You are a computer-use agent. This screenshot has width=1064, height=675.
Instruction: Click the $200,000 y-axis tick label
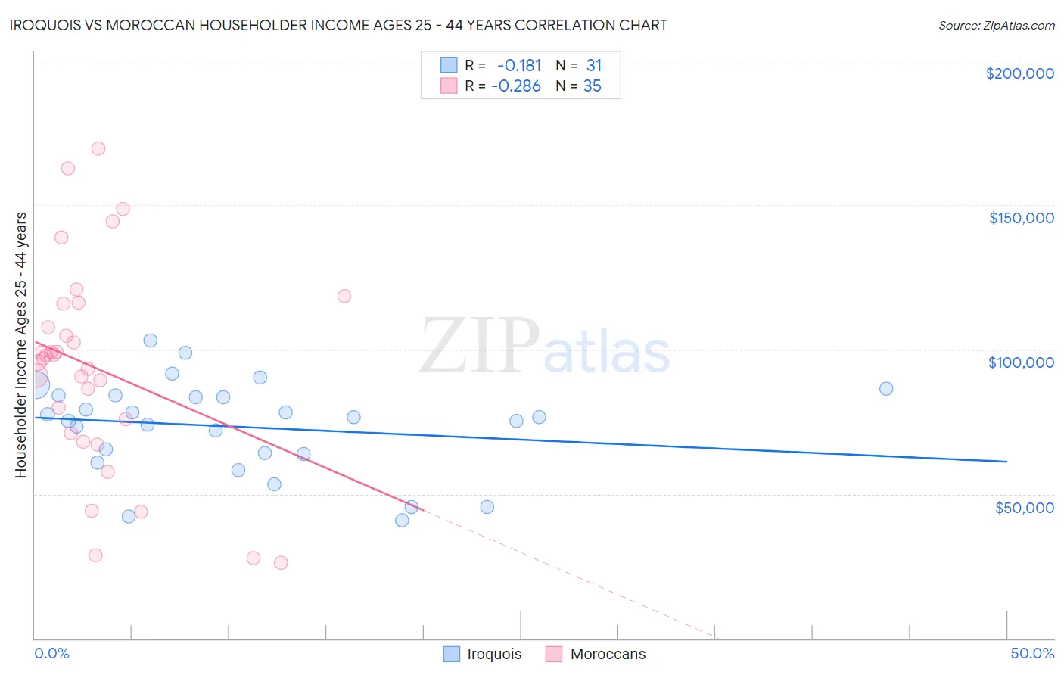click(x=1019, y=73)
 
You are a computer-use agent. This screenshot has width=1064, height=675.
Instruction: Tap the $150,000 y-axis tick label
click(x=1021, y=218)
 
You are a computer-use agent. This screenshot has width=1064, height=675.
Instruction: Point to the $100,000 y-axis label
click(x=1021, y=362)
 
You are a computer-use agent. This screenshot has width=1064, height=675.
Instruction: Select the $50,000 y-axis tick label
click(x=1024, y=507)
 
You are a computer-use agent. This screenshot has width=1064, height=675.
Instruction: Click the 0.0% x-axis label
click(x=51, y=653)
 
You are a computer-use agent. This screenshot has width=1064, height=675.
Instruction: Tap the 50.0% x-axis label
click(x=1031, y=653)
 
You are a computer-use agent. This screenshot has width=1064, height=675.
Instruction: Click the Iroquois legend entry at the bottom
click(x=483, y=654)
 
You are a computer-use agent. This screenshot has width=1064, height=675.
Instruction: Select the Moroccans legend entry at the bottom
click(x=596, y=654)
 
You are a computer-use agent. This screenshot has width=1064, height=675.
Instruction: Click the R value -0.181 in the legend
click(x=519, y=66)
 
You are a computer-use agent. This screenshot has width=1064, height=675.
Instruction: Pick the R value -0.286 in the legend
click(x=516, y=86)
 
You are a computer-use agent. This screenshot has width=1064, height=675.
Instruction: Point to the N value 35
click(x=592, y=86)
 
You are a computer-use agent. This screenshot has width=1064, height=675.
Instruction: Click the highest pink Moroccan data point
click(x=98, y=148)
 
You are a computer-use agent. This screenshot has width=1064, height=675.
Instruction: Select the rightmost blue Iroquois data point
click(x=886, y=389)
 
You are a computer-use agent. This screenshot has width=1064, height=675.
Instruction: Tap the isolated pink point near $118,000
click(x=344, y=296)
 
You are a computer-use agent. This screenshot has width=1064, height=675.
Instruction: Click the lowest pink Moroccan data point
click(x=281, y=562)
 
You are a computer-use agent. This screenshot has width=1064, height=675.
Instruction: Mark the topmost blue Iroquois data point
click(x=151, y=341)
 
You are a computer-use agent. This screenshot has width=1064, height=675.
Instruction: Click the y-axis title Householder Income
click(x=20, y=344)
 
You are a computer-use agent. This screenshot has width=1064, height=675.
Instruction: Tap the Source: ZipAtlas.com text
click(x=996, y=26)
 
